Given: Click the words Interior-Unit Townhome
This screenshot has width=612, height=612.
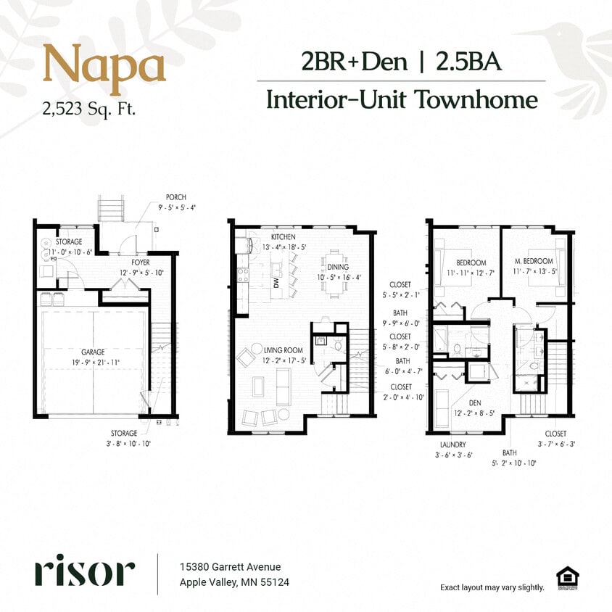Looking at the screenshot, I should point(402,99).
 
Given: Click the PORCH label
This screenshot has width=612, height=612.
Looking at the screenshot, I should point(177,197).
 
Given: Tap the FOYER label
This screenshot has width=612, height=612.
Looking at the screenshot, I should point(141,262).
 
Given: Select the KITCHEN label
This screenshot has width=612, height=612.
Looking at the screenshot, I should point(284,237).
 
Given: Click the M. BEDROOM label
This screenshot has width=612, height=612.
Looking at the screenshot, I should point(534,261).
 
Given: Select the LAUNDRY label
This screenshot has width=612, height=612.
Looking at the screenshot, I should point(452,444).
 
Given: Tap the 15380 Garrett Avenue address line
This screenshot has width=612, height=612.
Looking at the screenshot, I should point(230,567).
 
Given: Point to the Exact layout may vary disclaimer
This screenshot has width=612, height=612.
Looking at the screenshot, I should point(492,587).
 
